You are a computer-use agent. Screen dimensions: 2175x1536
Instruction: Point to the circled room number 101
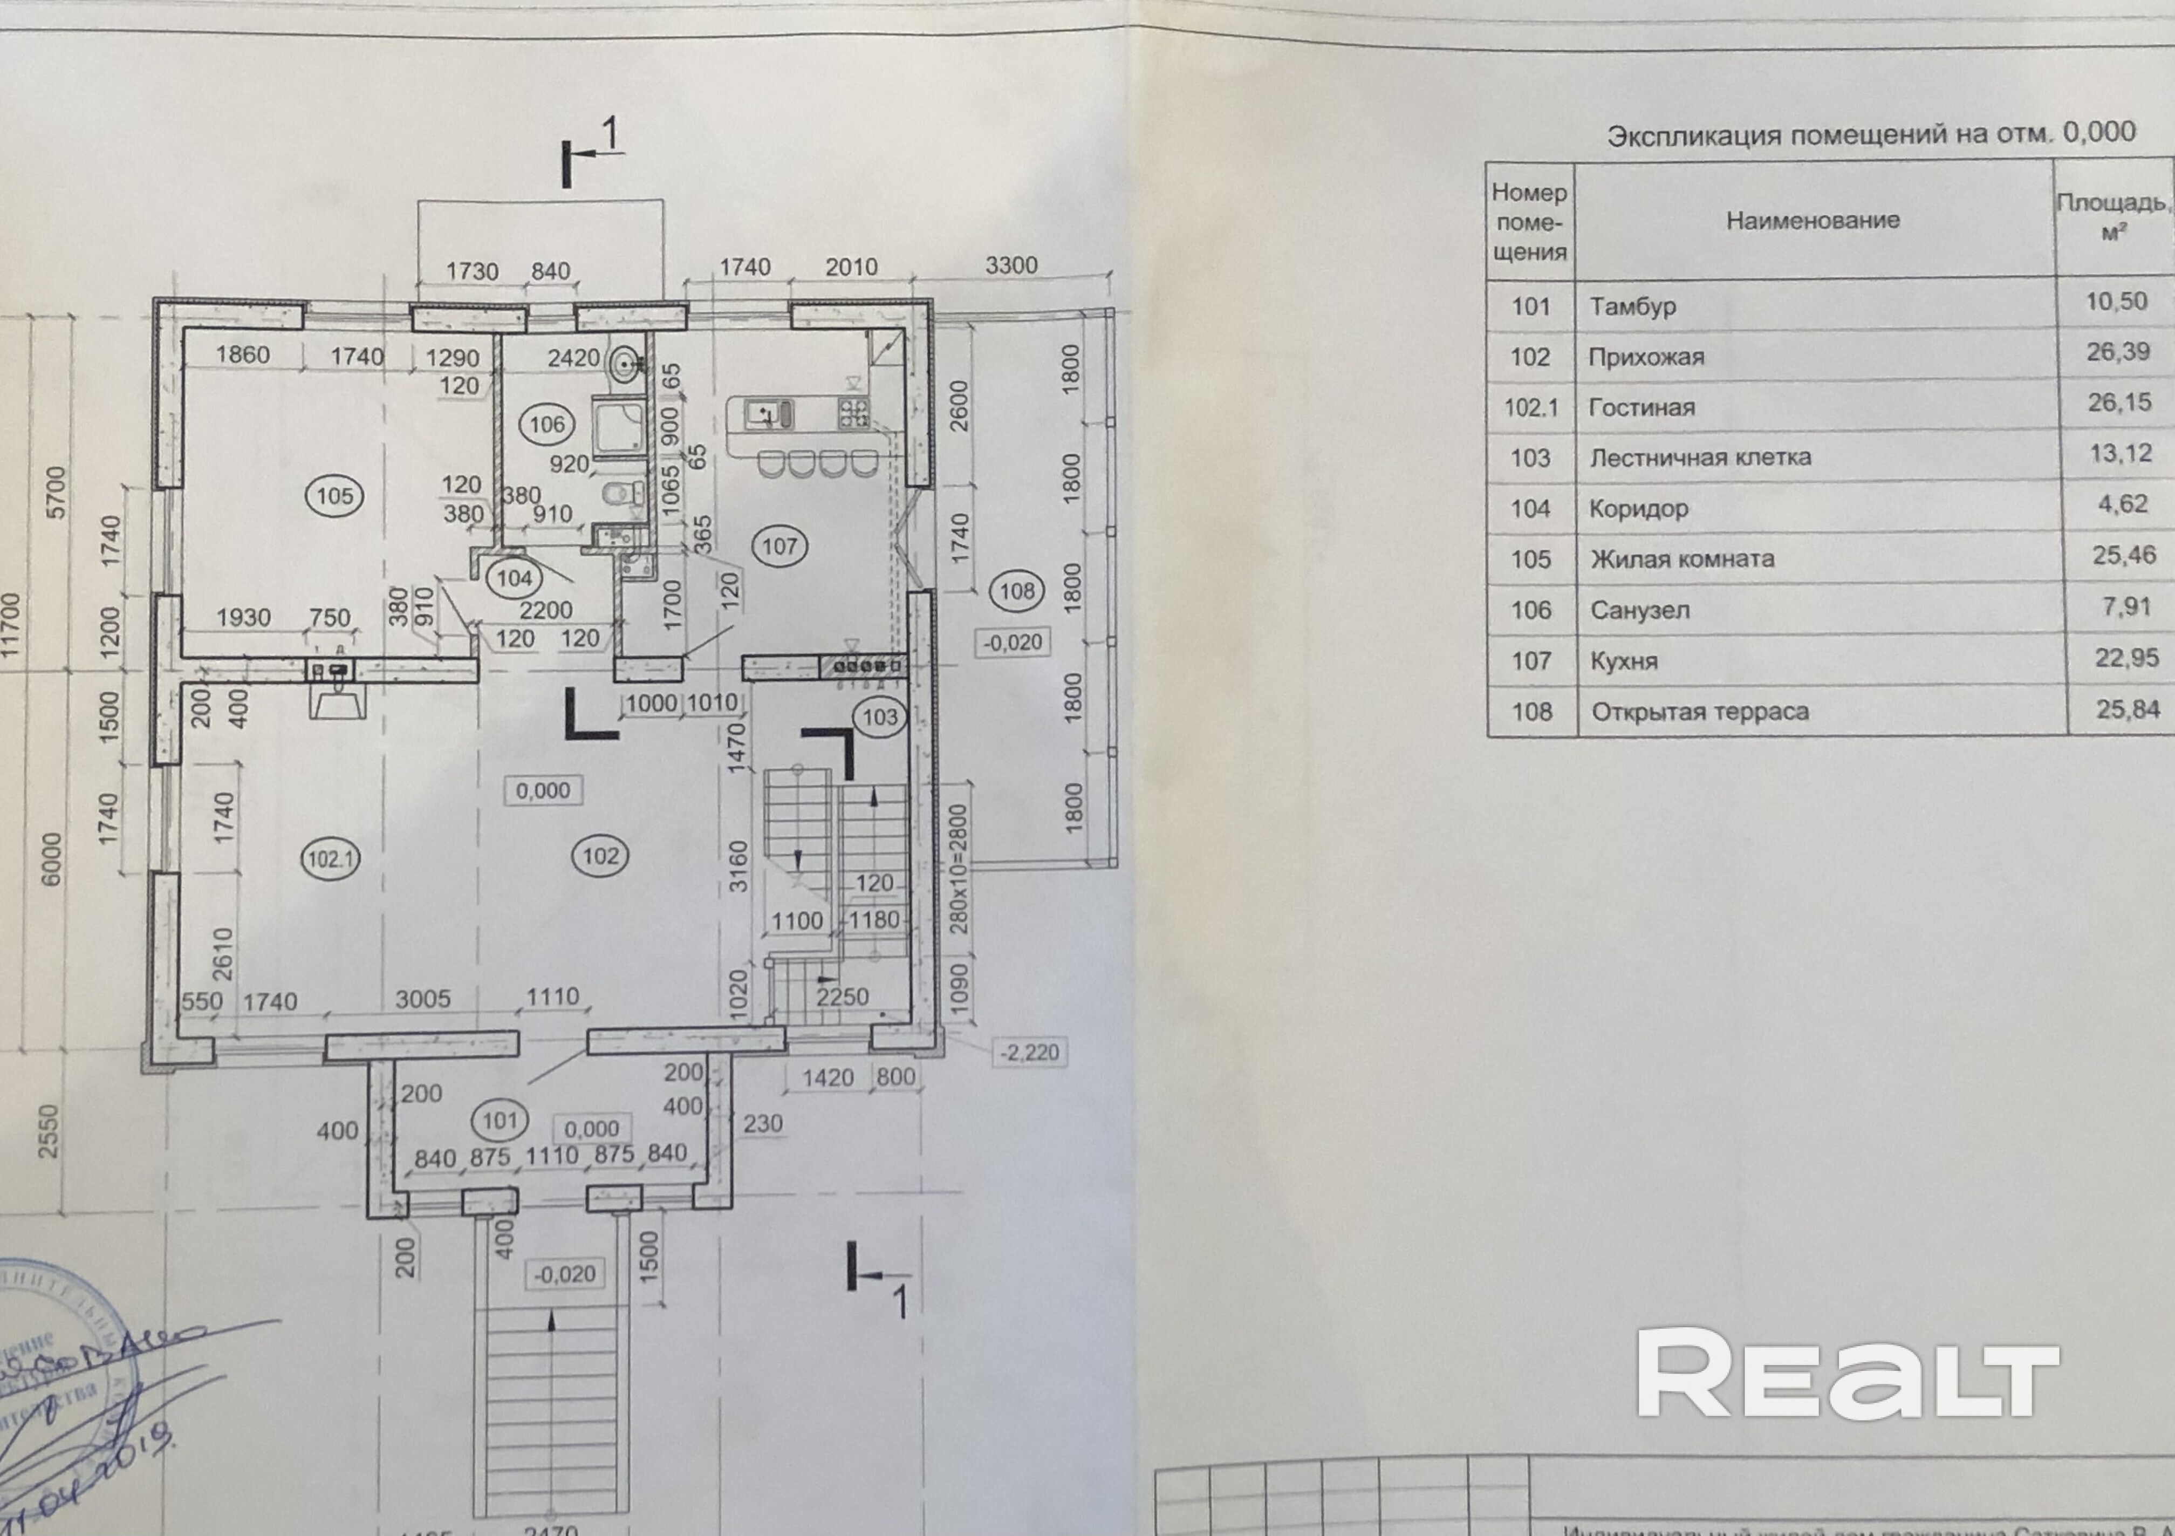(x=499, y=1121)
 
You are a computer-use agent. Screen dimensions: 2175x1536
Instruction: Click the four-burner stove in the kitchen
(x=852, y=412)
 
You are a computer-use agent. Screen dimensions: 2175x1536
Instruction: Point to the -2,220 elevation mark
(x=1029, y=1052)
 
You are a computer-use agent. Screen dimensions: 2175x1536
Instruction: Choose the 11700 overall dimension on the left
(x=11, y=625)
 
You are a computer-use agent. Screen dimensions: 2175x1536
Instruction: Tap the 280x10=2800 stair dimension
(x=959, y=868)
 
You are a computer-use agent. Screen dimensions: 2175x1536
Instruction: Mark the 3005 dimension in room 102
(x=422, y=999)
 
